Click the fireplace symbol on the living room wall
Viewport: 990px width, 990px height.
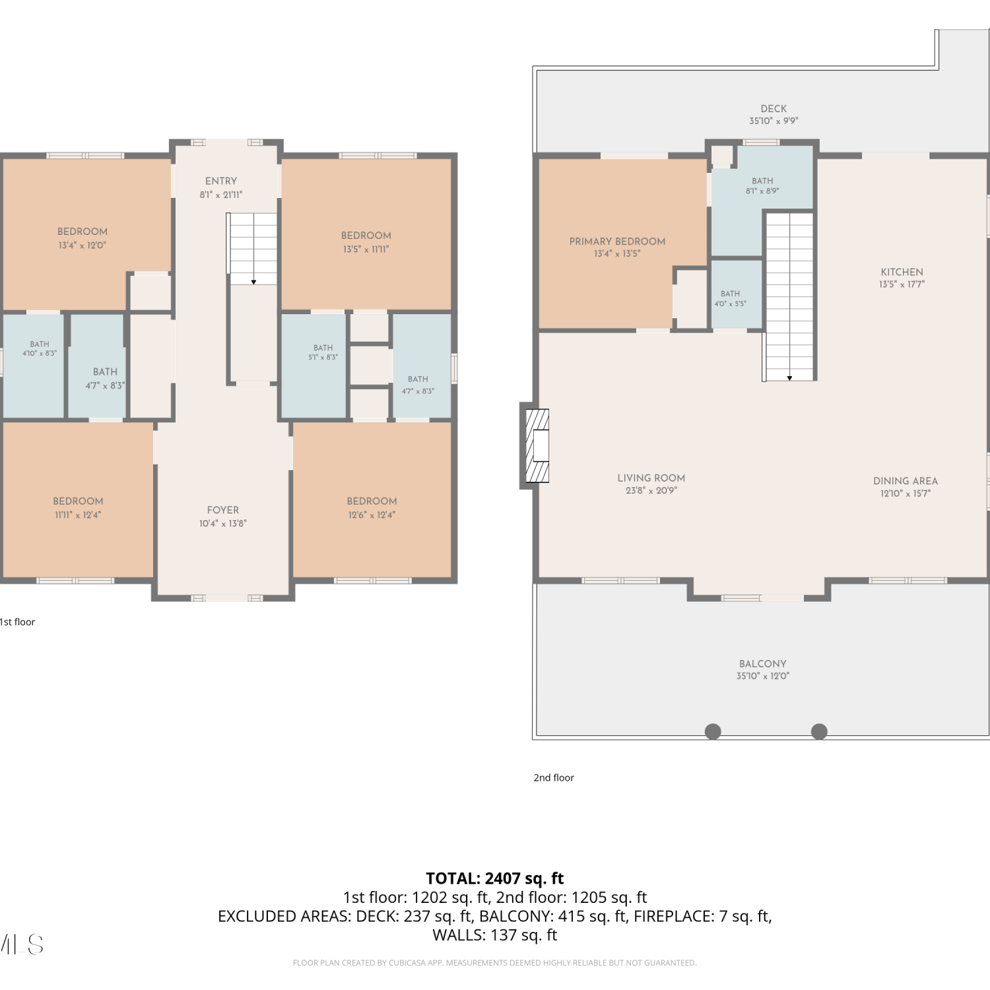(x=537, y=445)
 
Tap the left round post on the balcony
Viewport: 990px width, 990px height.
(x=713, y=731)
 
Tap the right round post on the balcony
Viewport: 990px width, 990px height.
(x=819, y=731)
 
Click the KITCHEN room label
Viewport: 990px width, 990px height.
(x=902, y=272)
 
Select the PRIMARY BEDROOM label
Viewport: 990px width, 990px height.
(x=617, y=242)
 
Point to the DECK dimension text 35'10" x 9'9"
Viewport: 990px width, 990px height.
(x=774, y=121)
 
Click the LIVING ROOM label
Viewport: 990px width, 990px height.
(x=651, y=478)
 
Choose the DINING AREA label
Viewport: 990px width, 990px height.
(x=906, y=481)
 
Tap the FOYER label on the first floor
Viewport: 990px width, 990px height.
(x=223, y=510)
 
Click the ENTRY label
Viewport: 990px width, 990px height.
(x=221, y=181)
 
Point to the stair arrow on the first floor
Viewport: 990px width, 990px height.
(x=253, y=282)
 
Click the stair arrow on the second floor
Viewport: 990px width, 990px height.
(x=789, y=378)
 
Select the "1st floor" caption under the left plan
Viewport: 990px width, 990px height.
(x=17, y=622)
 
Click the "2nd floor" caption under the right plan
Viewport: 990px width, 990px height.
(x=554, y=777)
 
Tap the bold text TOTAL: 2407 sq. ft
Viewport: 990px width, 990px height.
(x=495, y=878)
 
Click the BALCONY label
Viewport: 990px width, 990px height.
(x=763, y=664)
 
